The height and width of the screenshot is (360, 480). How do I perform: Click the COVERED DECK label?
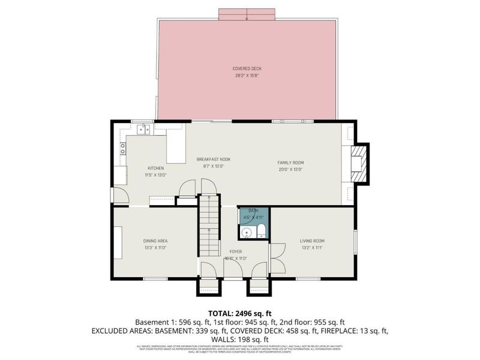(x=247, y=68)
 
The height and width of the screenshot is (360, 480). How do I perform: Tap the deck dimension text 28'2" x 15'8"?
(x=247, y=76)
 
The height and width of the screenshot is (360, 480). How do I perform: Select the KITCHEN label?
(x=155, y=168)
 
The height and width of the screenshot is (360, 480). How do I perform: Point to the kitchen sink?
(x=143, y=128)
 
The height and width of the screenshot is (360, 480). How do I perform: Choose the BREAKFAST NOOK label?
(x=214, y=159)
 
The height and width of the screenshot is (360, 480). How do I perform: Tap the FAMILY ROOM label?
(x=290, y=163)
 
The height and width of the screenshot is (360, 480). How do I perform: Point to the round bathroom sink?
(x=246, y=233)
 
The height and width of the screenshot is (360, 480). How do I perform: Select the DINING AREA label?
(x=155, y=241)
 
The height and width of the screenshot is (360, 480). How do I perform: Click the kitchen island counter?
(x=176, y=148)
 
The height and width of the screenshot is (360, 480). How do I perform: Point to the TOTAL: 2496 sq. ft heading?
(x=239, y=313)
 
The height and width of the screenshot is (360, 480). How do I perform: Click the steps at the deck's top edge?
(x=247, y=14)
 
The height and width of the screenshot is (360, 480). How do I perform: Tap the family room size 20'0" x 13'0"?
(x=290, y=170)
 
